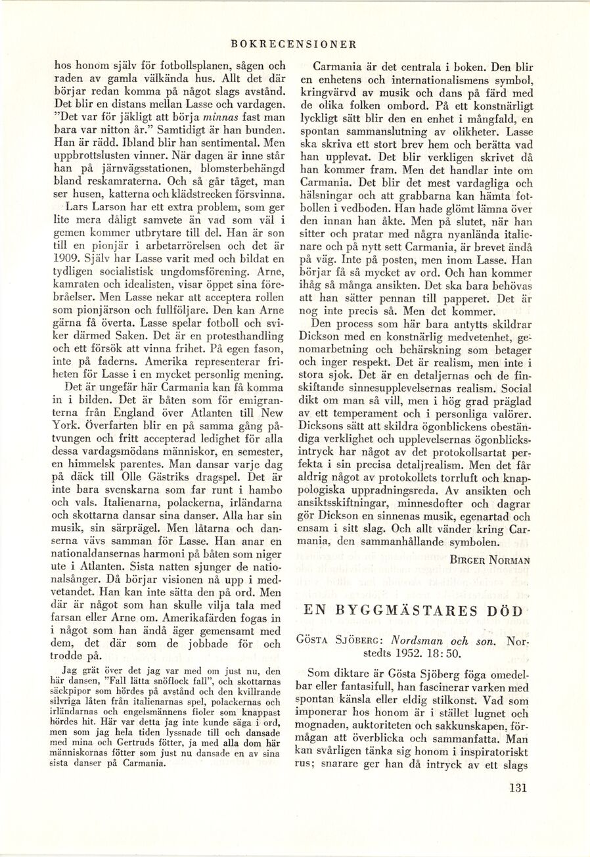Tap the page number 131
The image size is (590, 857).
point(518,788)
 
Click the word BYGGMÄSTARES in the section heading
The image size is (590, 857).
point(407,611)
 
